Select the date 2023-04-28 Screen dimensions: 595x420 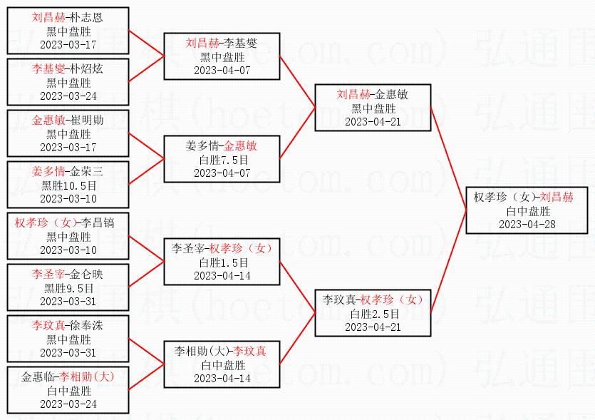coord(529,224)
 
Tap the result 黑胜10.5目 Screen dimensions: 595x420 coord(68,185)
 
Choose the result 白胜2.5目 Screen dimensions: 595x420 coord(373,313)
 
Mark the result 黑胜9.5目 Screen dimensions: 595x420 coord(68,288)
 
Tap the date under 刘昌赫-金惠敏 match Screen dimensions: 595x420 coord(373,122)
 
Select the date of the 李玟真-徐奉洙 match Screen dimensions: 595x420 coord(68,352)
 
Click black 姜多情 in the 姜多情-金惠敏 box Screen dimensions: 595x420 coord(200,145)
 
